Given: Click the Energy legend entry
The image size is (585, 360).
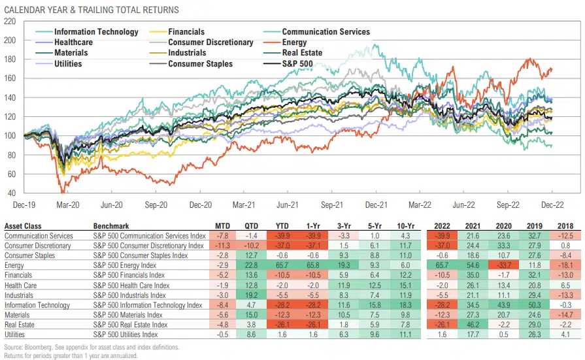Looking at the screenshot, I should (x=293, y=42).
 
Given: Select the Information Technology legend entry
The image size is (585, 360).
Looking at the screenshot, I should (x=96, y=32).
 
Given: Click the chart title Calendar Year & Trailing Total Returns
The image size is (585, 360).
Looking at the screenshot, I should (x=92, y=10).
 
